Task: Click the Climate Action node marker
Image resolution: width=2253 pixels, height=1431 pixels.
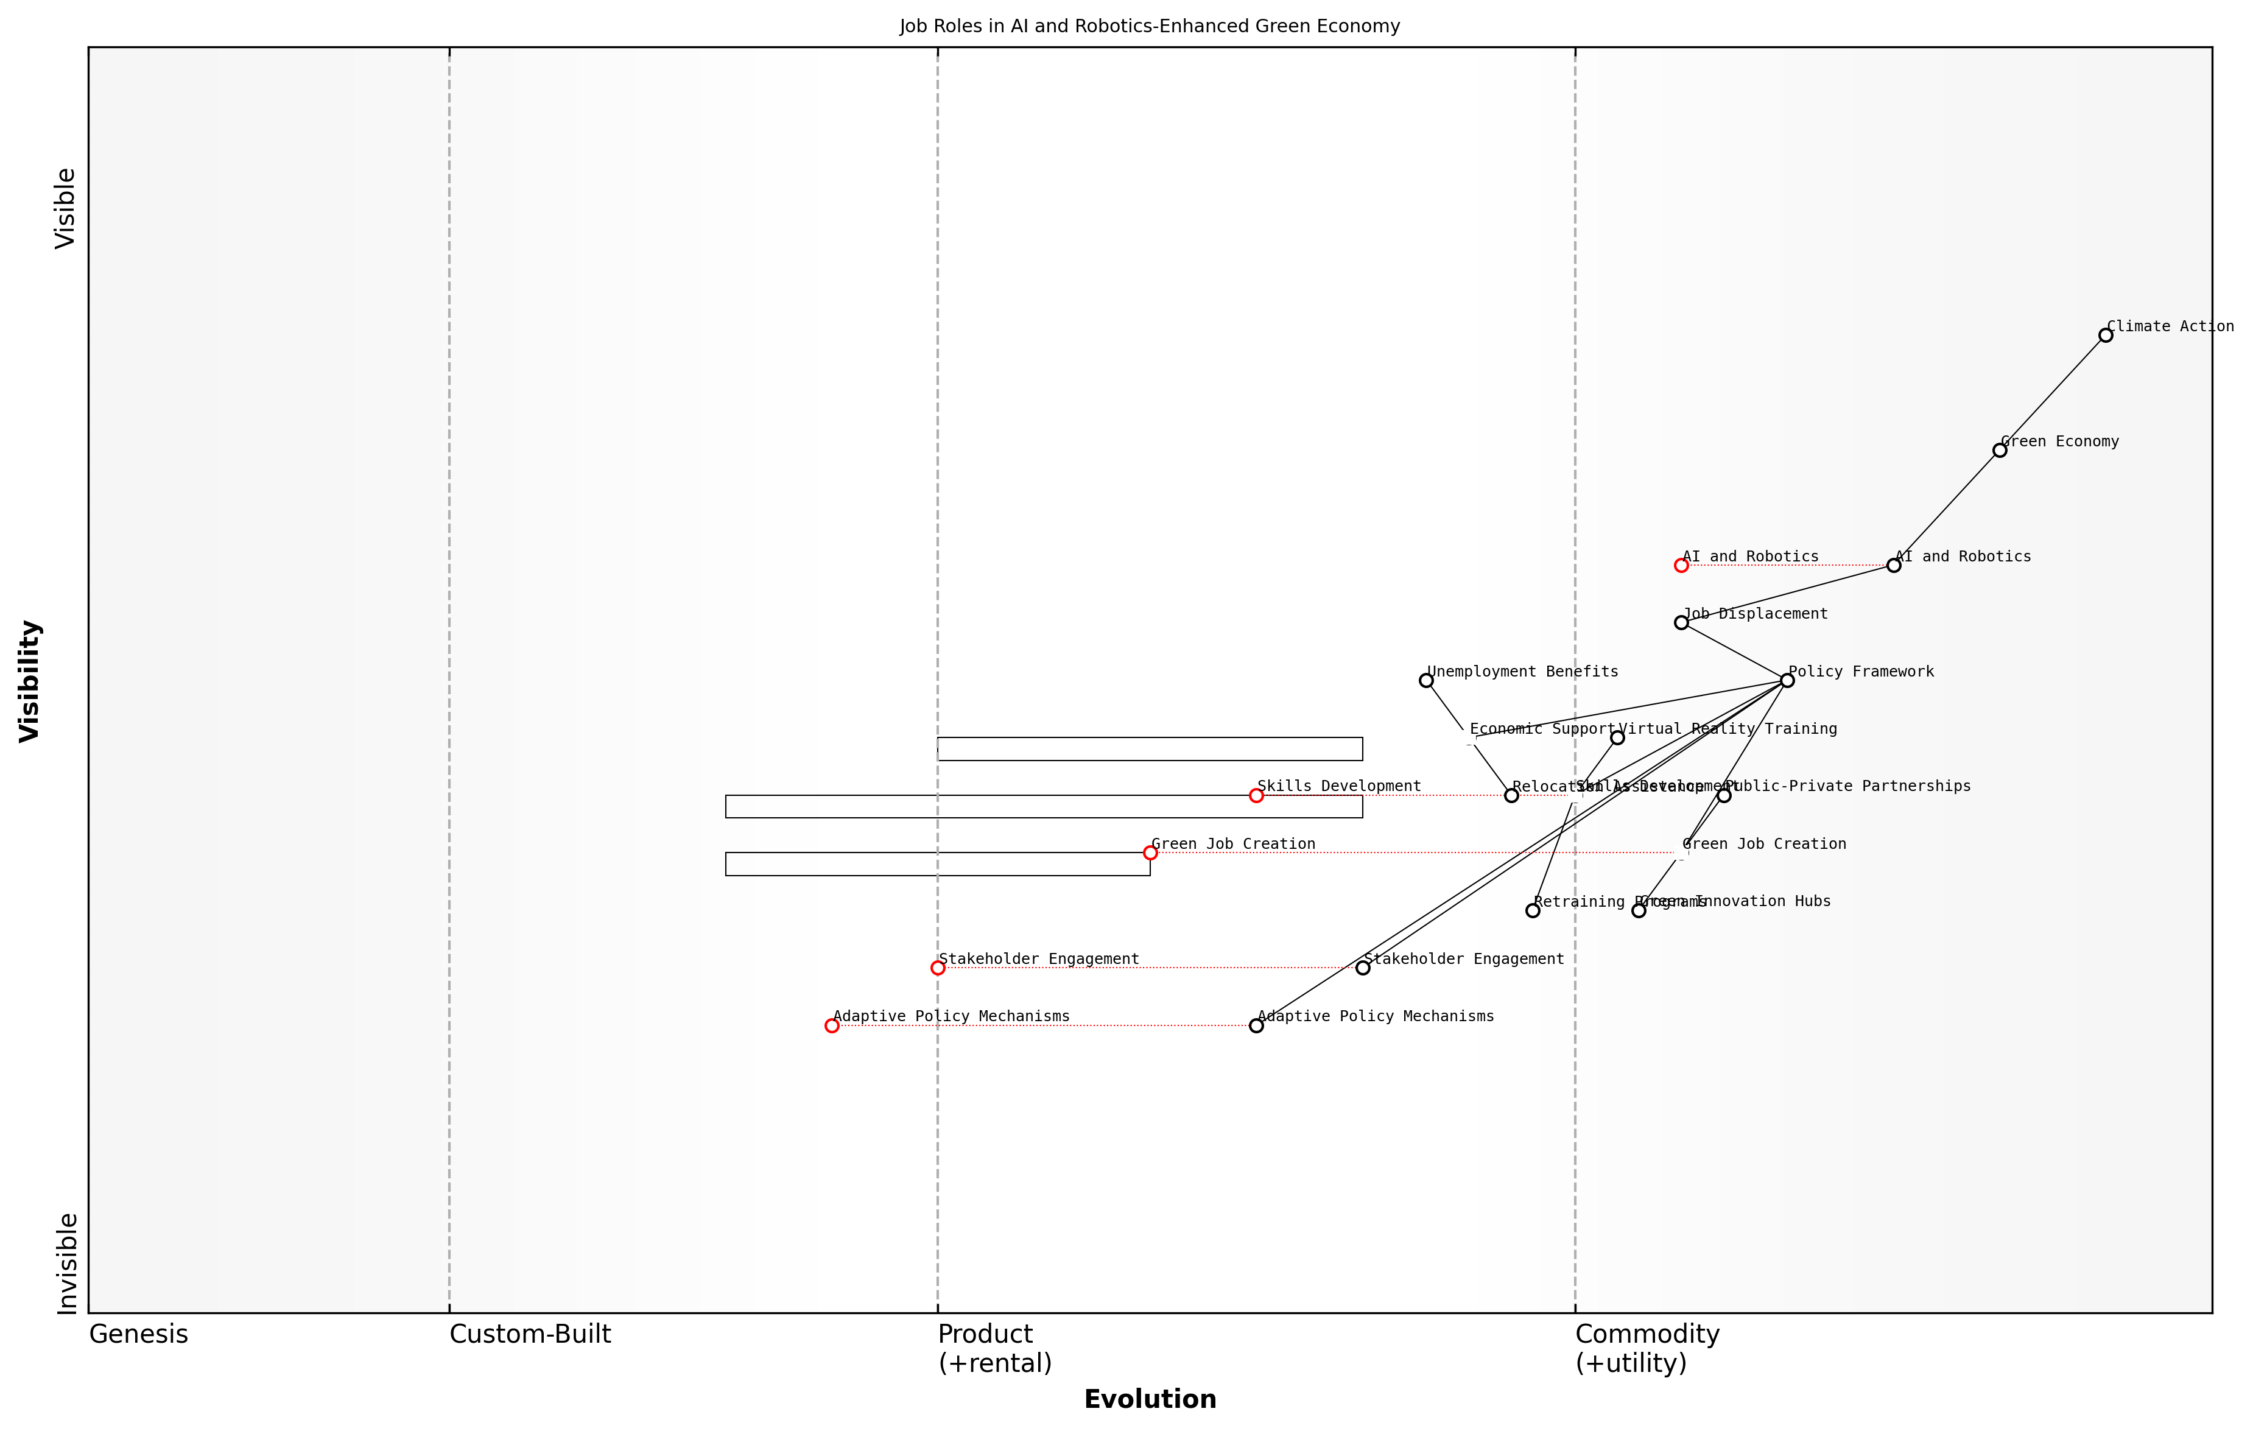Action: (2105, 335)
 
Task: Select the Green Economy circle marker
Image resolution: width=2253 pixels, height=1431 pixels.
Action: (2000, 450)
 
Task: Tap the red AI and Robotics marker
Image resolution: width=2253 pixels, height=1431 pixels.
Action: (1681, 565)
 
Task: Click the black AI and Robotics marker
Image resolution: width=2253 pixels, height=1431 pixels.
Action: (1894, 565)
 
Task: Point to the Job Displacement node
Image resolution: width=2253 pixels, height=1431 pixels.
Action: (1681, 622)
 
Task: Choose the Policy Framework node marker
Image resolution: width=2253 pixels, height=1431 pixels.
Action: (1787, 680)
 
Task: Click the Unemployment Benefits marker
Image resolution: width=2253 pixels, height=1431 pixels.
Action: (1426, 680)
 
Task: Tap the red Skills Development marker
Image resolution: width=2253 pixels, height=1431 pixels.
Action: (1257, 795)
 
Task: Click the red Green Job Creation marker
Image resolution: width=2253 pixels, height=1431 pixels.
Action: (1150, 853)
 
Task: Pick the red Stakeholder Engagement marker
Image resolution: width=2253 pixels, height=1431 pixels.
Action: (938, 968)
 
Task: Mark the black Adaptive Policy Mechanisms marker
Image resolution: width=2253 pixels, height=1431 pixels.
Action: (1257, 1025)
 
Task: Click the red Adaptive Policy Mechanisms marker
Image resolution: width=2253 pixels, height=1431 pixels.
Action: (832, 1025)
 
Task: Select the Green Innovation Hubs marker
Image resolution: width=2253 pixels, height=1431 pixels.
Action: (1638, 910)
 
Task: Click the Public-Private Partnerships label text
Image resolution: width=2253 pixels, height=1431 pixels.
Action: (1848, 786)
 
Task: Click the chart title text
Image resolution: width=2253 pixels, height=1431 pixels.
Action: (1150, 26)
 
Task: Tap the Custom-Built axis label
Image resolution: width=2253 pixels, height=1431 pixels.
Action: (530, 1335)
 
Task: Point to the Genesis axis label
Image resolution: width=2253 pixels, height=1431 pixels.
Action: (138, 1335)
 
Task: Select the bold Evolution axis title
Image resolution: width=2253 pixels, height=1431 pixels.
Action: (1150, 1400)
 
